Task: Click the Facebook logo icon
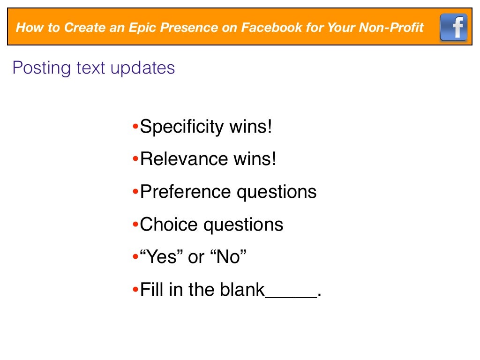coord(453,27)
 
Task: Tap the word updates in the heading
coord(142,68)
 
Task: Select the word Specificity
coord(182,127)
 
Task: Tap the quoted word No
coord(228,257)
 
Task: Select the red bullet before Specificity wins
coord(135,127)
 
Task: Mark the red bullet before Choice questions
coord(135,225)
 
